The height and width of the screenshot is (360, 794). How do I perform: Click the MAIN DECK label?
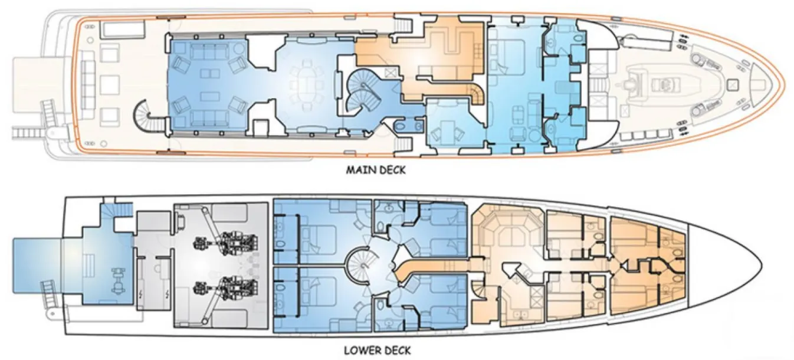[x=376, y=170]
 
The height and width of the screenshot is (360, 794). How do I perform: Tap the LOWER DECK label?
[x=377, y=351]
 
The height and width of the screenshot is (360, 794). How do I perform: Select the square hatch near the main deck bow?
[x=732, y=85]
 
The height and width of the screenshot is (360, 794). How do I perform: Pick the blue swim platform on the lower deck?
[x=37, y=266]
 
